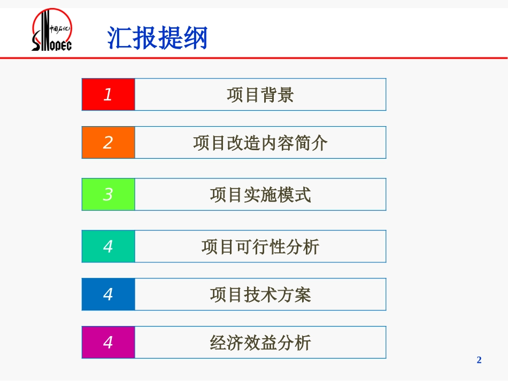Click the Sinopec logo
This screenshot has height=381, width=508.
[x=52, y=30]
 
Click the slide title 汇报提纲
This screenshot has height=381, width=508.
[x=157, y=38]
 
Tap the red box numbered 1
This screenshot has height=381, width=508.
[x=108, y=95]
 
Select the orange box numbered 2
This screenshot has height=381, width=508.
[x=108, y=143]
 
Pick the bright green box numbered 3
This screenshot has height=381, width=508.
[x=108, y=195]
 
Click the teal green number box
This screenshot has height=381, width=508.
[x=108, y=246]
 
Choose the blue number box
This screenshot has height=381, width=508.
[x=108, y=294]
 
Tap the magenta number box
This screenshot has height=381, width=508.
[x=108, y=343]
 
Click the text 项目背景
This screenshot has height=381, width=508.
[x=260, y=95]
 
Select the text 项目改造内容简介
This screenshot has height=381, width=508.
[x=260, y=143]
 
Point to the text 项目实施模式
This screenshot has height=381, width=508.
[x=260, y=195]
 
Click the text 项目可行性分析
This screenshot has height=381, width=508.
[x=260, y=247]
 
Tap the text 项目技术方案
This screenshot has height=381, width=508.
[x=260, y=295]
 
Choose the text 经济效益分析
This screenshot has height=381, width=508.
[x=260, y=343]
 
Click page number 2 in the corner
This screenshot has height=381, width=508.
[x=479, y=360]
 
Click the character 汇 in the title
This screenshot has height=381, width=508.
[x=120, y=38]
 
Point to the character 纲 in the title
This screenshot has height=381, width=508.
[x=195, y=38]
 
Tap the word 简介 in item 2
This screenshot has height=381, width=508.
[x=311, y=143]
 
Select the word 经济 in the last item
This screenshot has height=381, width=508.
[x=227, y=343]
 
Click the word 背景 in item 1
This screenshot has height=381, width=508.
[x=277, y=95]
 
